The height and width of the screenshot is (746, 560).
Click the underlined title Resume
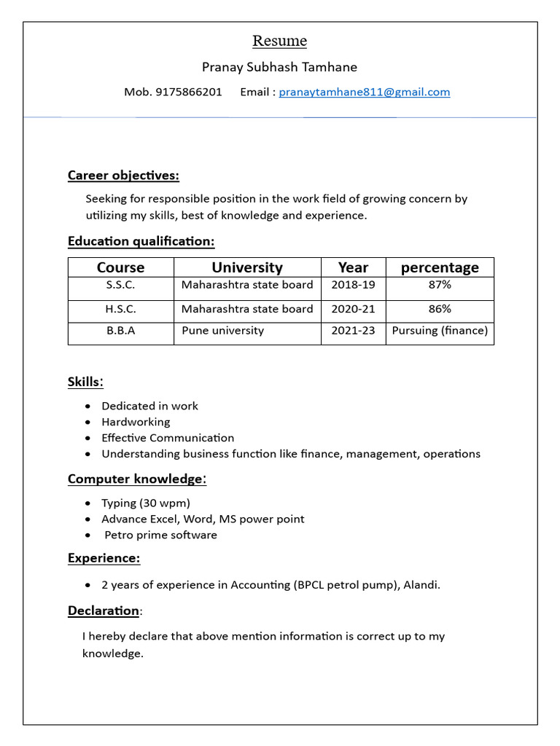pyautogui.click(x=279, y=41)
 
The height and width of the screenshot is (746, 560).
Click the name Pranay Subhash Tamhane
pyautogui.click(x=279, y=67)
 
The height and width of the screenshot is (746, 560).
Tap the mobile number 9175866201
pyautogui.click(x=189, y=92)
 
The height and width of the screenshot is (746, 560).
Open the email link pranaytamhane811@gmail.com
pyautogui.click(x=364, y=92)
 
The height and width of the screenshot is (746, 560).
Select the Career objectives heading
pyautogui.click(x=123, y=175)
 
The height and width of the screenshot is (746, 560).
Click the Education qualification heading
pyautogui.click(x=141, y=241)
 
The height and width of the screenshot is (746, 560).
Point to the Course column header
pyautogui.click(x=120, y=267)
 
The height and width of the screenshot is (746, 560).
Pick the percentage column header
pyautogui.click(x=440, y=267)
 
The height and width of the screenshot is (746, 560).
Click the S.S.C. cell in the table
pyautogui.click(x=120, y=285)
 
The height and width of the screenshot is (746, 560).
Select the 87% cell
pyautogui.click(x=440, y=285)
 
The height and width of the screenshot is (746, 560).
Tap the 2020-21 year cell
pyautogui.click(x=353, y=309)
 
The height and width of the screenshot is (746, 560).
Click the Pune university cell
pyautogui.click(x=222, y=331)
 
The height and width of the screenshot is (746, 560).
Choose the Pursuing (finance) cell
pyautogui.click(x=440, y=331)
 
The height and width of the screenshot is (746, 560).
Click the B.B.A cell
pyautogui.click(x=120, y=331)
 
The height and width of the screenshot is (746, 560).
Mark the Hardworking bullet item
pyautogui.click(x=136, y=422)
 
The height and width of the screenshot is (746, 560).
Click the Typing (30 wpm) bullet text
pyautogui.click(x=146, y=503)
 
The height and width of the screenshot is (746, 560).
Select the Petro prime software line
pyautogui.click(x=160, y=535)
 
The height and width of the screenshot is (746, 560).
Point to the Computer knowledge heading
pyautogui.click(x=136, y=479)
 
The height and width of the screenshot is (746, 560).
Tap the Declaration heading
pyautogui.click(x=104, y=610)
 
